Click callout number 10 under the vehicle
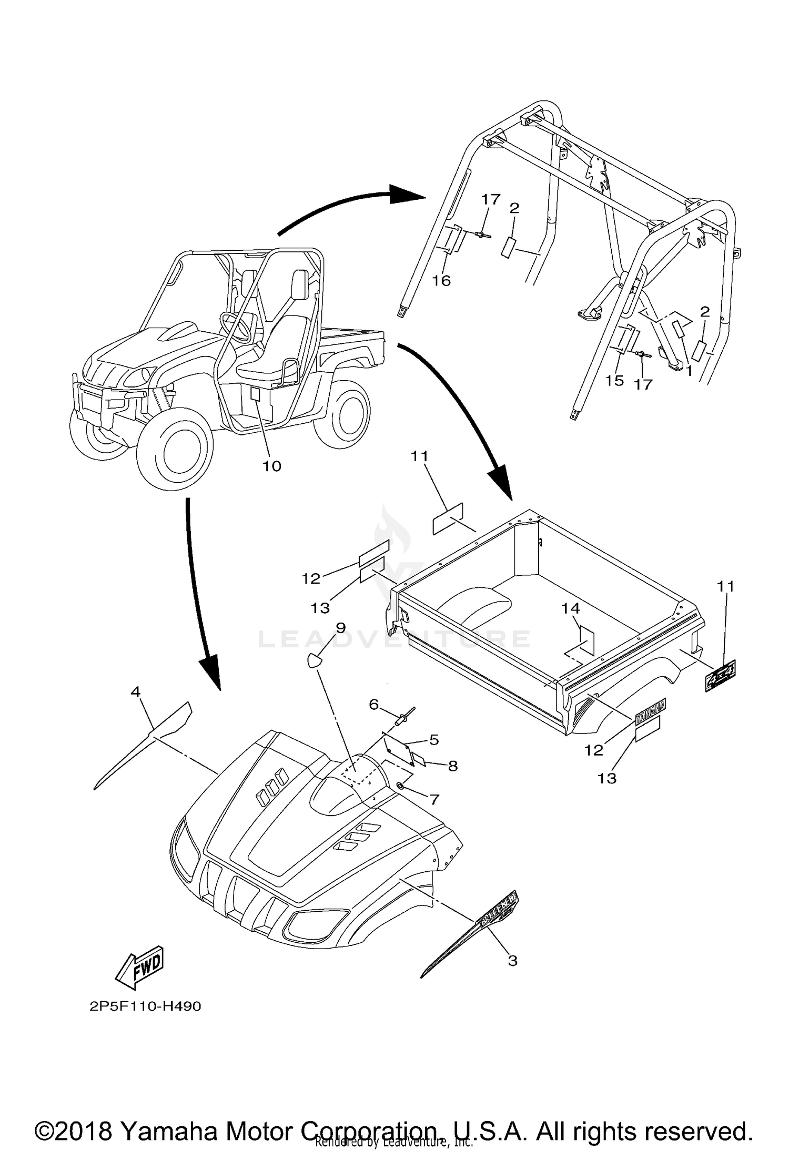tap(272, 466)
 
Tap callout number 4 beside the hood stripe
tap(136, 692)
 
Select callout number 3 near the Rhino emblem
tap(512, 961)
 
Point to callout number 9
tap(341, 627)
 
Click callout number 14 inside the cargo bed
tap(570, 608)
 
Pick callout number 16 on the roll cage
tap(442, 281)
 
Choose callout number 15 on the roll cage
tap(614, 380)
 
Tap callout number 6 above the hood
tap(374, 704)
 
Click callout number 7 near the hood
tap(434, 800)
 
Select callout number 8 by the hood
tap(452, 766)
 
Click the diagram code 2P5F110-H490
tap(145, 1006)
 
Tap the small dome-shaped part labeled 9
tap(314, 660)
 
